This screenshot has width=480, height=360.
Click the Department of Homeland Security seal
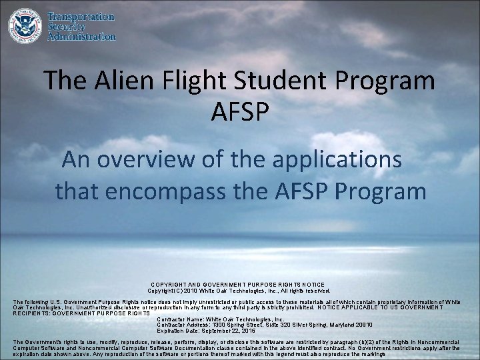coord(25,26)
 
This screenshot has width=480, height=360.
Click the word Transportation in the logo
coord(81,17)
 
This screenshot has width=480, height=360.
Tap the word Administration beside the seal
coord(81,37)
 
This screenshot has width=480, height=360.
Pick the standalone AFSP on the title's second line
coord(239,111)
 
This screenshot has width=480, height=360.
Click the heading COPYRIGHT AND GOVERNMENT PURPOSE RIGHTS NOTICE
coord(239,284)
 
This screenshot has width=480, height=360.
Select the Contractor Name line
coord(221,319)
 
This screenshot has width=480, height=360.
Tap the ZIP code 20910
coord(360,325)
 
